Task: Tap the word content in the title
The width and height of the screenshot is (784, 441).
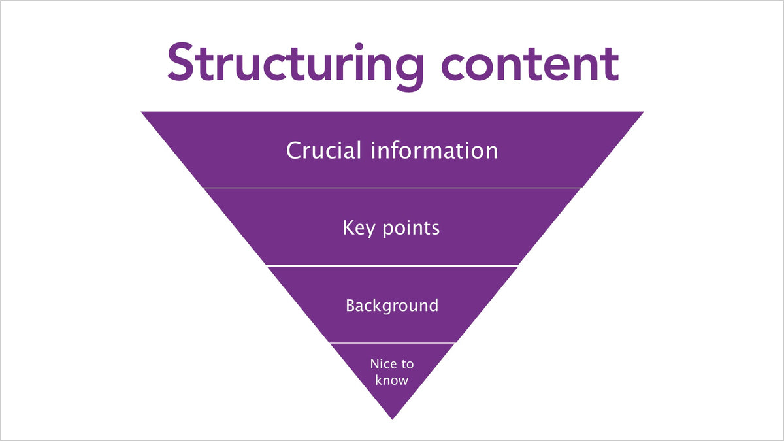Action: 531,65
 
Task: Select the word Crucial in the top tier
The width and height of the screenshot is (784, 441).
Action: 323,150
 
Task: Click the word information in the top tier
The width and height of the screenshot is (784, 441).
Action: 434,150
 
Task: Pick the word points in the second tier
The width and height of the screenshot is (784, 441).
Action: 411,229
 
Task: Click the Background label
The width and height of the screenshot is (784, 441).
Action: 392,306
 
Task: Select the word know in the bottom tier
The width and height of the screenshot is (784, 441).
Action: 391,380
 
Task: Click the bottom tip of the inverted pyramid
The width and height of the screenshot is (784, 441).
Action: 393,419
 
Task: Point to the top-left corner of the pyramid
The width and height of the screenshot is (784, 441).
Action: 141,112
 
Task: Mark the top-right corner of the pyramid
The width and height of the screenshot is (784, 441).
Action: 644,112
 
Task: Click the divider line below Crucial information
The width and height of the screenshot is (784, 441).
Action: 392,188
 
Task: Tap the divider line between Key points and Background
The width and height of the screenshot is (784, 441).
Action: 392,266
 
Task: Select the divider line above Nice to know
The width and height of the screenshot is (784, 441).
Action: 392,343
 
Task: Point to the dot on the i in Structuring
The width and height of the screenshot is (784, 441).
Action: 359,46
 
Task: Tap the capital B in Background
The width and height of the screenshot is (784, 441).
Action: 351,306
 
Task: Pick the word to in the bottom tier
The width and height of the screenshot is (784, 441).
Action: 408,365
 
